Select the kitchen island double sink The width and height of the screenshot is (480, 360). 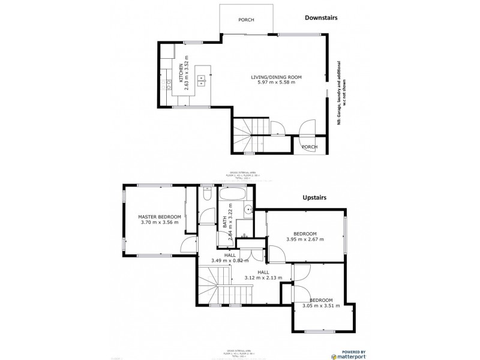(202, 77)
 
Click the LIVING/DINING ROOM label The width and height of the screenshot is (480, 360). (275, 77)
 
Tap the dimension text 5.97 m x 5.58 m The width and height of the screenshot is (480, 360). (275, 83)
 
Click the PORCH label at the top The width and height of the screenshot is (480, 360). (246, 20)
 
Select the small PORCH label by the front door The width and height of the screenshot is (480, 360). (309, 147)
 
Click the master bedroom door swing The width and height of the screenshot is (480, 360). (188, 244)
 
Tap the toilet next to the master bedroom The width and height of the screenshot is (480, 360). (206, 196)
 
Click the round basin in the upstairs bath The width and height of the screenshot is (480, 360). (247, 210)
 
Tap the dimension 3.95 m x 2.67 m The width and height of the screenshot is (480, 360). (305, 239)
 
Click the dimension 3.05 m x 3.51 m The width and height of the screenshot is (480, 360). (321, 305)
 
